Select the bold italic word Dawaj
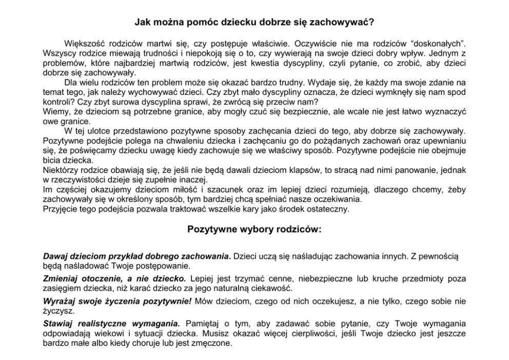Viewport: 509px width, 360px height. (x=55, y=255)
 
